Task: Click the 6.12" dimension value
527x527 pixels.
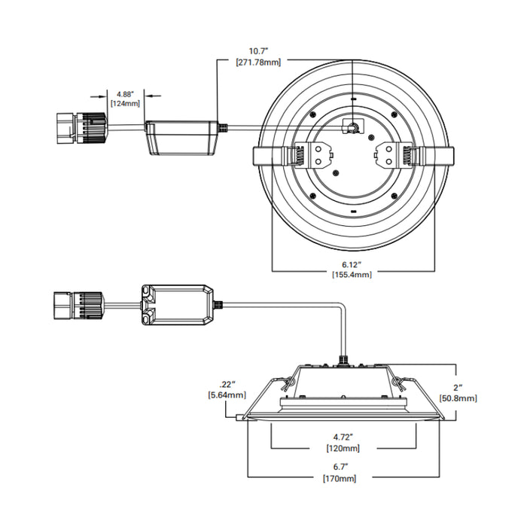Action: click(x=352, y=264)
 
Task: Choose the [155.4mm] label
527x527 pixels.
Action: click(x=352, y=275)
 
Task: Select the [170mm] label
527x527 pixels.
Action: click(x=338, y=478)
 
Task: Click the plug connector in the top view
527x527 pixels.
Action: click(x=81, y=127)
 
